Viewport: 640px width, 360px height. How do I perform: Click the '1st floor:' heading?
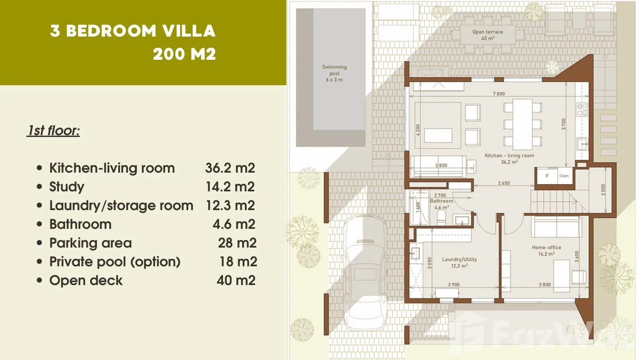tap(53, 131)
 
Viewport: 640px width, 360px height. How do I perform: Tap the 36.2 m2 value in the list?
tap(230, 168)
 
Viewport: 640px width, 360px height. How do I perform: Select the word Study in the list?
tap(66, 187)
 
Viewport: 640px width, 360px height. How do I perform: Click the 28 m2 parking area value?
tap(237, 243)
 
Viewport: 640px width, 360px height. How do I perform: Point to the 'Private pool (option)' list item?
tap(115, 262)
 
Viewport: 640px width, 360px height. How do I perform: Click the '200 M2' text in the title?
tap(184, 54)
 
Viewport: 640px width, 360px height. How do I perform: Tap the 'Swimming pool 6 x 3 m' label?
tap(334, 74)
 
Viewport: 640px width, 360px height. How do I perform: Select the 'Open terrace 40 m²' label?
tap(487, 35)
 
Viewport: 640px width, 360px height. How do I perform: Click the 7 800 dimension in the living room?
tap(499, 94)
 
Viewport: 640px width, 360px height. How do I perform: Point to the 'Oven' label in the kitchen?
tap(564, 176)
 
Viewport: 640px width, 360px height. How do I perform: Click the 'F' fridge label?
tap(547, 176)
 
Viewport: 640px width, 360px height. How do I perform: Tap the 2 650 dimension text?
tap(504, 183)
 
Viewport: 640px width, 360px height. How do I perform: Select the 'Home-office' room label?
tap(546, 248)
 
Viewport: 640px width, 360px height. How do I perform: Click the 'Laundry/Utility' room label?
tap(459, 260)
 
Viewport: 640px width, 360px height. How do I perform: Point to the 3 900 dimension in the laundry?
tap(454, 285)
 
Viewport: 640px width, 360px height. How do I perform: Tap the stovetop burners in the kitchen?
tap(582, 109)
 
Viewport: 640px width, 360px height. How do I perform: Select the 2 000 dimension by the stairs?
tap(603, 190)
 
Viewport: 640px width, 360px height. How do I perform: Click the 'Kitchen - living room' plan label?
tap(509, 156)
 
